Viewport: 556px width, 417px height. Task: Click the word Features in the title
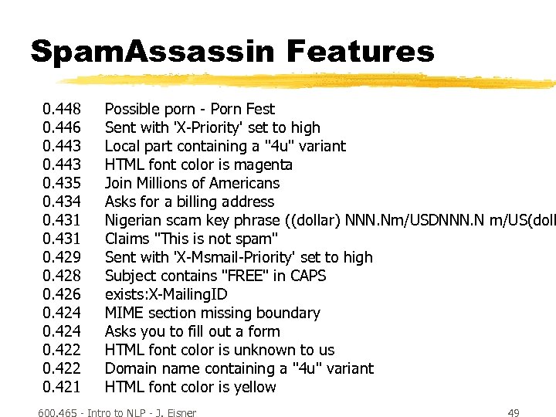click(361, 52)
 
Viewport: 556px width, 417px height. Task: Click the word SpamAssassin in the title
click(152, 52)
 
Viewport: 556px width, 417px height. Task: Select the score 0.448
click(62, 109)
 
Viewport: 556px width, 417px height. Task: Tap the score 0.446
click(62, 127)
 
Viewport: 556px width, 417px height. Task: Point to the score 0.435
click(62, 183)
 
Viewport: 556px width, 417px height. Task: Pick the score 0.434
click(62, 202)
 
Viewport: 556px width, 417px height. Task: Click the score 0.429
click(62, 257)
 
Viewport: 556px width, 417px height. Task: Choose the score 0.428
click(62, 276)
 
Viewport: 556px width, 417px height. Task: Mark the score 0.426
click(62, 294)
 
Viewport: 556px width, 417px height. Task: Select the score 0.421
click(62, 387)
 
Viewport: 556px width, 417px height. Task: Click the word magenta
click(264, 165)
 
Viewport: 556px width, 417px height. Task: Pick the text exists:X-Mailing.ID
click(166, 294)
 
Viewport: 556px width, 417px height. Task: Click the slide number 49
click(513, 413)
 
